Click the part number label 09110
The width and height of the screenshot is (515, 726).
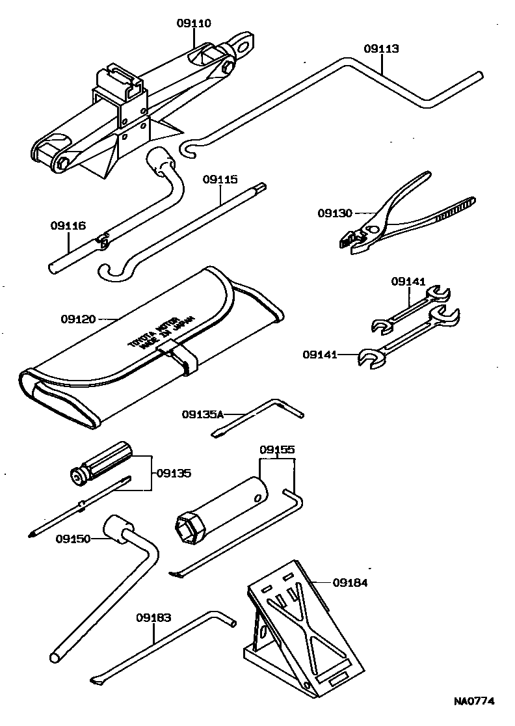click(193, 23)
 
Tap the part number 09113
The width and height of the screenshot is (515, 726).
click(381, 49)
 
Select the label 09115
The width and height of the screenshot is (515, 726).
click(220, 179)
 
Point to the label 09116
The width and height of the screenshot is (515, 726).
click(68, 226)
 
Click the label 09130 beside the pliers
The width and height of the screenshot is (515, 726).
click(335, 213)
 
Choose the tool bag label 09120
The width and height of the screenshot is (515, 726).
click(79, 319)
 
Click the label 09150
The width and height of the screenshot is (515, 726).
click(73, 539)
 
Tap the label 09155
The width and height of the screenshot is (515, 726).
click(277, 450)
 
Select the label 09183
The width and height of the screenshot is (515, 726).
click(154, 617)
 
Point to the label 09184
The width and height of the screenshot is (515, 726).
click(350, 583)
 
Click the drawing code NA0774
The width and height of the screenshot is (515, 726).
click(474, 701)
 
